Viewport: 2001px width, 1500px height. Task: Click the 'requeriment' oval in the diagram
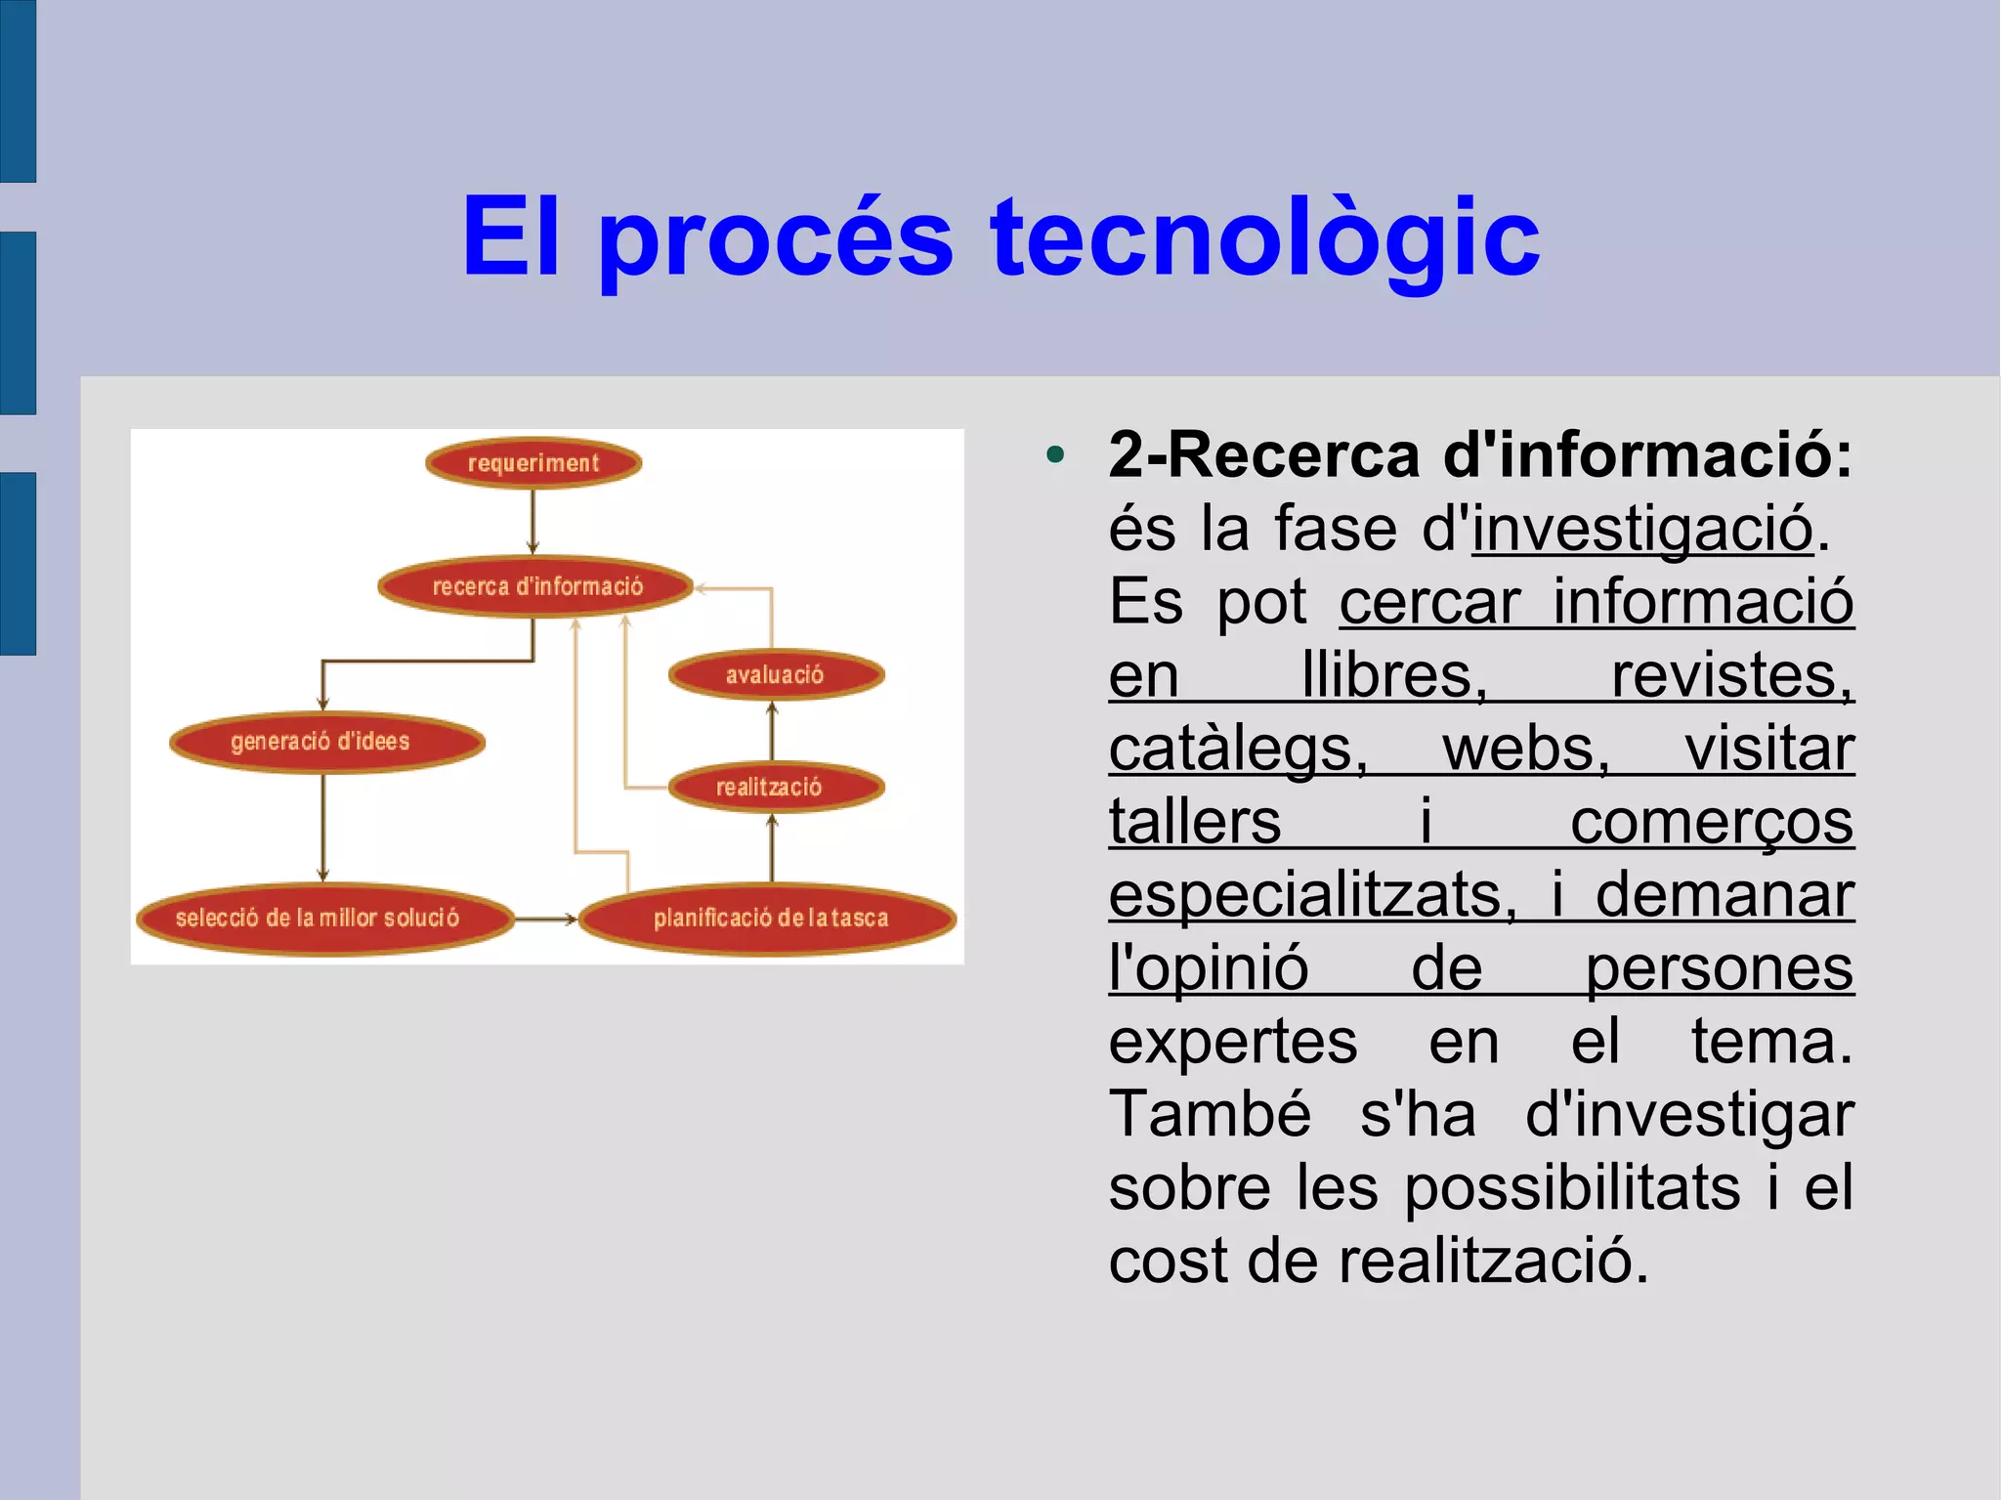tap(533, 462)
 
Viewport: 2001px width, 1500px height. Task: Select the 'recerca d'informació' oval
tap(536, 586)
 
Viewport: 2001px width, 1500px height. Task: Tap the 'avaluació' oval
tap(776, 674)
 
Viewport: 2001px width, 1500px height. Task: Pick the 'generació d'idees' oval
tap(326, 742)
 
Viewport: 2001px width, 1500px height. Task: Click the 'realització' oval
tap(776, 787)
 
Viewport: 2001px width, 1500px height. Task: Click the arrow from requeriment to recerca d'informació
tap(532, 522)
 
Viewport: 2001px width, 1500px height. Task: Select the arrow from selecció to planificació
tap(545, 919)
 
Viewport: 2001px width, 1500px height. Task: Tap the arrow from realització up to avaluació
tap(772, 730)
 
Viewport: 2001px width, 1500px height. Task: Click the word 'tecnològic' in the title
tap(1264, 237)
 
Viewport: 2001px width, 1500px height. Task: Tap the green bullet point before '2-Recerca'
tap(1054, 455)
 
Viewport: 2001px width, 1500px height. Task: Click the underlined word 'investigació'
tap(1641, 529)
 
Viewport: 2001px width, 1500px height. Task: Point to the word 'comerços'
tap(1711, 822)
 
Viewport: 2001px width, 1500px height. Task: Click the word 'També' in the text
tap(1209, 1114)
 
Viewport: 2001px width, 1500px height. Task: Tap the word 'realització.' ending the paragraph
tap(1493, 1261)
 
